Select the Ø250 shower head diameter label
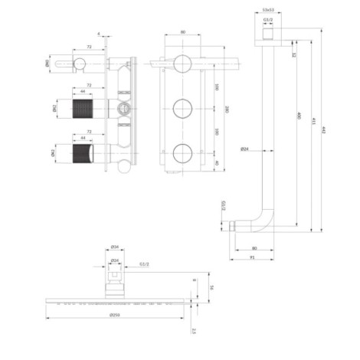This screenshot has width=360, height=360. tap(115, 315)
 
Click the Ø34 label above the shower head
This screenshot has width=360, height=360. tap(114, 247)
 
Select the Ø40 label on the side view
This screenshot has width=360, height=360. tap(48, 64)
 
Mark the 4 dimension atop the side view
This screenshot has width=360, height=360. tap(99, 33)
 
